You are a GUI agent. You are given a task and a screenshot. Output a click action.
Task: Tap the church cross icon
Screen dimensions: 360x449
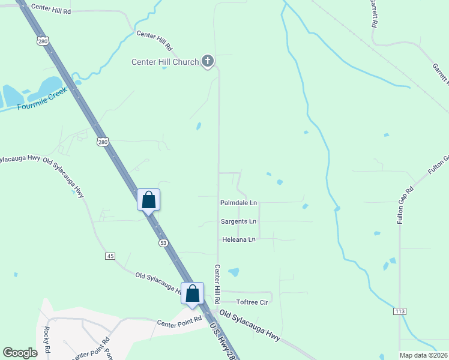click(x=208, y=61)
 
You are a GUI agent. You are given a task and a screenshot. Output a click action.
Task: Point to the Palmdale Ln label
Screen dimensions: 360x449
click(x=238, y=203)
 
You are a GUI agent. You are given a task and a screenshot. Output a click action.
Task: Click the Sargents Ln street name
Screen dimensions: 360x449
click(x=238, y=221)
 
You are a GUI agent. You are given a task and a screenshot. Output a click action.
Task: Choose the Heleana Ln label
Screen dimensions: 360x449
click(x=239, y=239)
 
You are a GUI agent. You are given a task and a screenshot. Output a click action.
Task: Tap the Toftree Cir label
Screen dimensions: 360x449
click(x=252, y=302)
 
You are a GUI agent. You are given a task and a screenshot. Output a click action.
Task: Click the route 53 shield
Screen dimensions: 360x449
click(x=163, y=243)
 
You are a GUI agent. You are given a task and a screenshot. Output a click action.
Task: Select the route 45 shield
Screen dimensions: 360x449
click(x=110, y=256)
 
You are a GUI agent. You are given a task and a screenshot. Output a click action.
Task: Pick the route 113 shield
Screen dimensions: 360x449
click(x=400, y=311)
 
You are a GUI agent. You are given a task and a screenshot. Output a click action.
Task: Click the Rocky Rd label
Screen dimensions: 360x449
click(x=46, y=340)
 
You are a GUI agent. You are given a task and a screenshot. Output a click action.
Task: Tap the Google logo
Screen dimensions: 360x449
click(x=20, y=353)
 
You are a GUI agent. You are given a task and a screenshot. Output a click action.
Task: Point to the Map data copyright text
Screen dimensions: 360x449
click(x=423, y=355)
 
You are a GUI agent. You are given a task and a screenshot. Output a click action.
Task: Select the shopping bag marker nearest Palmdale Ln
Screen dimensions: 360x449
click(x=149, y=200)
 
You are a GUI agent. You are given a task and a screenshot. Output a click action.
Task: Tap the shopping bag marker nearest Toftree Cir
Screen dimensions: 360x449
click(x=192, y=293)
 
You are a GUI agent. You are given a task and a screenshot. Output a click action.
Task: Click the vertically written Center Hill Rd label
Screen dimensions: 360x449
click(x=217, y=284)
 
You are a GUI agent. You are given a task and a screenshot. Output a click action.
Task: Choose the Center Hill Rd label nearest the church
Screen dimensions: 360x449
click(x=154, y=40)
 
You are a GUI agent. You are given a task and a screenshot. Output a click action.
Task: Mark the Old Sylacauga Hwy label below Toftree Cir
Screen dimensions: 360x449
click(x=250, y=326)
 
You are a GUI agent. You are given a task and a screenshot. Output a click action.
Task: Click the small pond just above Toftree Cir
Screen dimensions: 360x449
click(x=234, y=272)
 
